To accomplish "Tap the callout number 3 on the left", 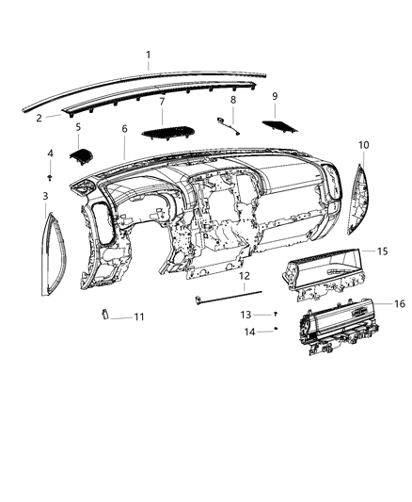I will click(46, 196).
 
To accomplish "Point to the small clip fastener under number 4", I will click(51, 175).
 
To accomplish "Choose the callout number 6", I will click(124, 127).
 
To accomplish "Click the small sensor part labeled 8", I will click(225, 121).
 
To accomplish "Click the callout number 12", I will click(244, 276).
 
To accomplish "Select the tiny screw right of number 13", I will click(276, 312).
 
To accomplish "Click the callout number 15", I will click(382, 251).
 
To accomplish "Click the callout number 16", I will click(399, 303).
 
